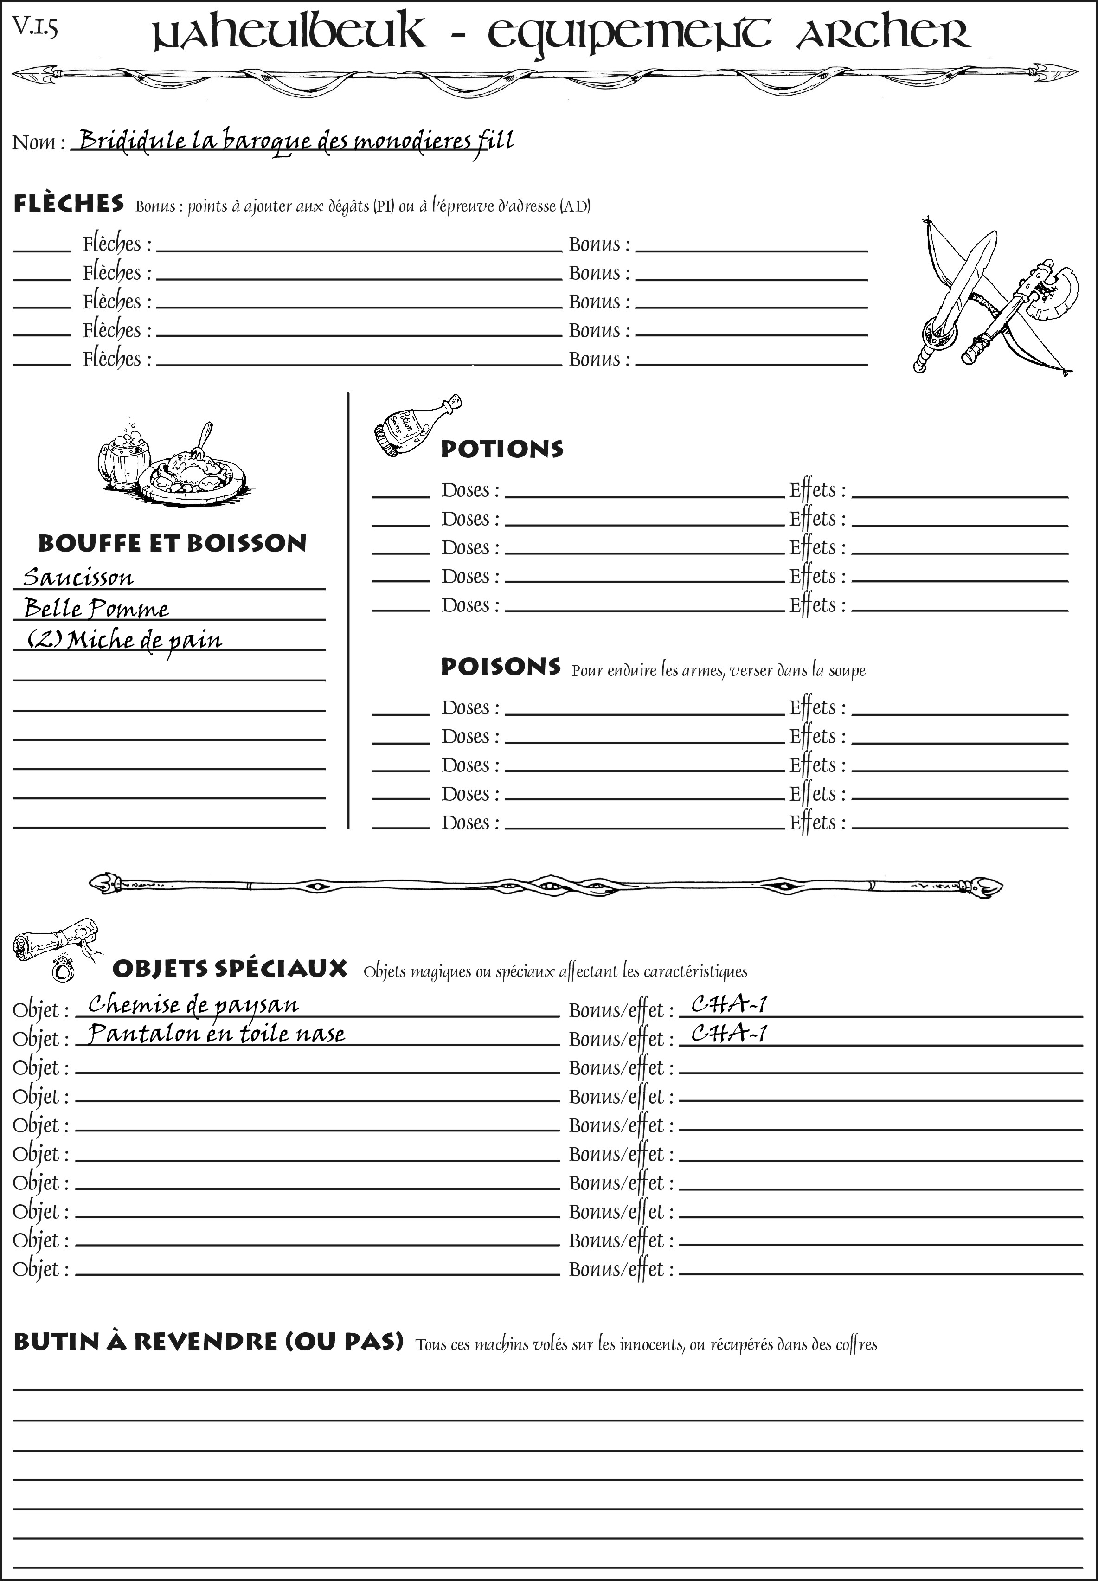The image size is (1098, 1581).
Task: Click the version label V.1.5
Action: point(34,27)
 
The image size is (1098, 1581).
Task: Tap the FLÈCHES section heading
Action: point(69,204)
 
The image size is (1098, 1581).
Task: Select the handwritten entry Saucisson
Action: point(78,577)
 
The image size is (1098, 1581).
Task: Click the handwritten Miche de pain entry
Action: point(124,640)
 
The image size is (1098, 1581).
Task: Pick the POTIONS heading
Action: point(501,449)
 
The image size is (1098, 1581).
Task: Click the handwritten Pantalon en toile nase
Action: point(217,1034)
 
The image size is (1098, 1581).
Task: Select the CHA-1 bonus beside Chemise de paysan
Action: point(729,1005)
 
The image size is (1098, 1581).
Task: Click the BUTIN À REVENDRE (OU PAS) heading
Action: point(208,1342)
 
